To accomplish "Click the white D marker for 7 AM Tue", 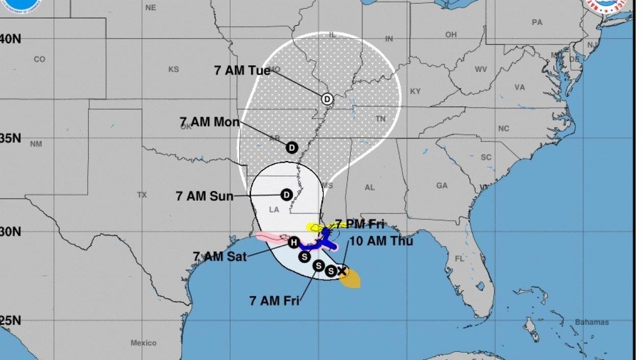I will pos(327,99).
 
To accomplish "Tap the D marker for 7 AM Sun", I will pos(286,195).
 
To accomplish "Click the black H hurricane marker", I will pos(293,243).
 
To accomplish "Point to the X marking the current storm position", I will pos(342,271).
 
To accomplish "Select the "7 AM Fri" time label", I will pos(274,301).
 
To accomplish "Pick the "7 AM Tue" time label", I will pos(242,70).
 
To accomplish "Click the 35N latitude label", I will pos(10,138).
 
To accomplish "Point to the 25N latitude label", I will pos(10,321).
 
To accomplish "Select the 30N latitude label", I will pos(10,231).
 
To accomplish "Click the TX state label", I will pos(142,195).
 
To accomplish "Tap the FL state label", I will pos(460,259).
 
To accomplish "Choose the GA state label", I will pos(442,186).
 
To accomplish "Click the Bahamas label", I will pos(592,322).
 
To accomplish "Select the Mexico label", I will pos(143,343).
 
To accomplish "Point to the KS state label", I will pos(174,69).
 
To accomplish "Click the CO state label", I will pos(39,59).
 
